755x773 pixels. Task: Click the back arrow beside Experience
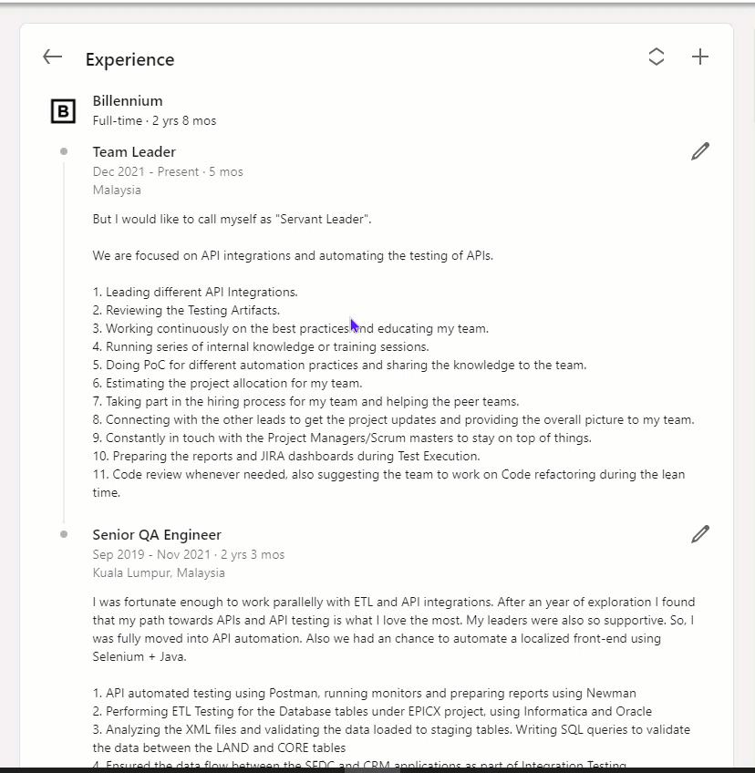click(53, 57)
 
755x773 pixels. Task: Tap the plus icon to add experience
click(699, 57)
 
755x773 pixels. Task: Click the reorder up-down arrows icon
click(656, 57)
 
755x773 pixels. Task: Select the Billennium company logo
click(62, 111)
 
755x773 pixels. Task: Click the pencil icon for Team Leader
click(699, 151)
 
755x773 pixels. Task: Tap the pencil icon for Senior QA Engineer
click(699, 534)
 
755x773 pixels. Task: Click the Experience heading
click(129, 59)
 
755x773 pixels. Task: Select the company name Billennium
click(128, 101)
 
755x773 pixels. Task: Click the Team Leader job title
click(134, 152)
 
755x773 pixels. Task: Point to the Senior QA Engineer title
click(157, 535)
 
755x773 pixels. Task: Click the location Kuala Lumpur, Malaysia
click(159, 572)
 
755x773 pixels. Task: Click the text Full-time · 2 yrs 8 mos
click(154, 120)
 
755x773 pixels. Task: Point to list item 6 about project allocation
click(227, 384)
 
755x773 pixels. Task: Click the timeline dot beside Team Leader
click(64, 151)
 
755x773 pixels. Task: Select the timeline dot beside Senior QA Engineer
click(64, 534)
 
